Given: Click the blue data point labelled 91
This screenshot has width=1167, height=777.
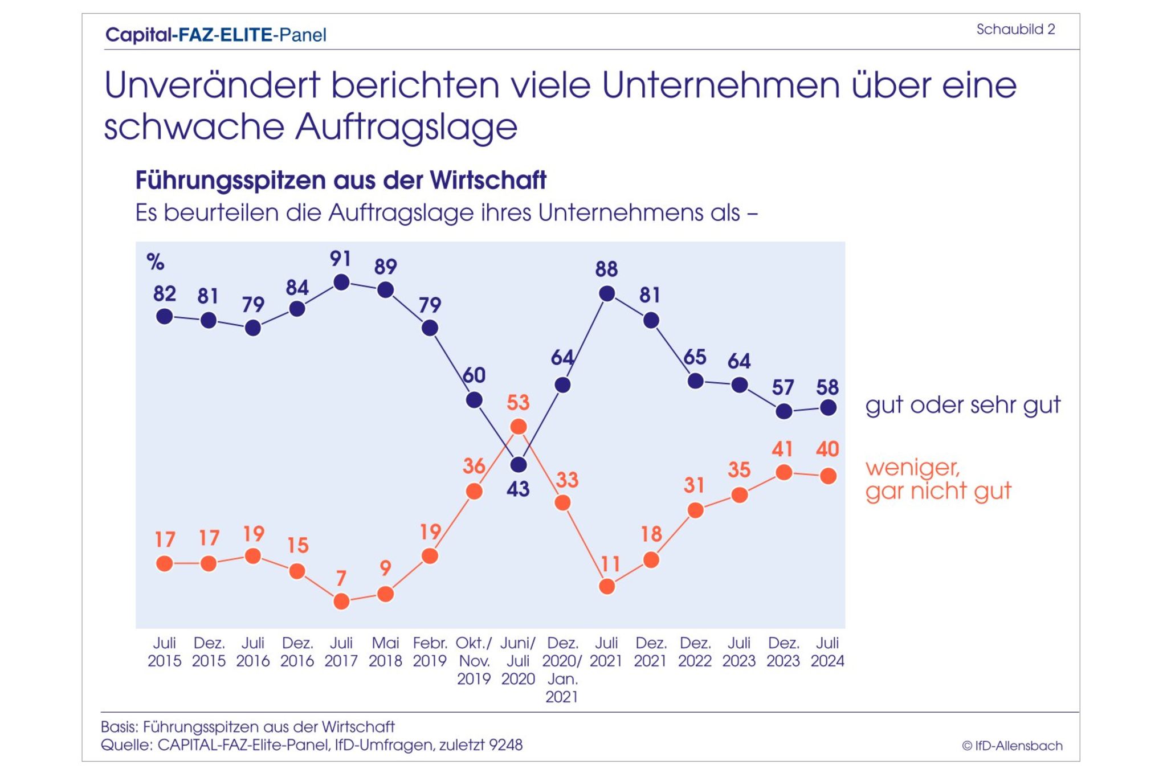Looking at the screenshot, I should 341,282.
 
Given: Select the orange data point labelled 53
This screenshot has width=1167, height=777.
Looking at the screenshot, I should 518,427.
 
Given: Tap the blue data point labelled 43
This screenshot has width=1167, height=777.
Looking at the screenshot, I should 518,465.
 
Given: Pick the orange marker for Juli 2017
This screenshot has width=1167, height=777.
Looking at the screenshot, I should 341,601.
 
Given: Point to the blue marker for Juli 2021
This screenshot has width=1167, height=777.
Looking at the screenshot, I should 607,293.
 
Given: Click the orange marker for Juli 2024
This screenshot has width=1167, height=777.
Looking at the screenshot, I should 828,476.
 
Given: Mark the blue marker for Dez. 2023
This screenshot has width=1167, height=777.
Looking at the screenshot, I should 784,411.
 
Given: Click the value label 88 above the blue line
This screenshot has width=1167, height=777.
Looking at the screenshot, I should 606,269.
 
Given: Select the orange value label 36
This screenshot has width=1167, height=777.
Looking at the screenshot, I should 474,466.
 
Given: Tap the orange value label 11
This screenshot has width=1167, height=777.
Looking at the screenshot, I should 610,564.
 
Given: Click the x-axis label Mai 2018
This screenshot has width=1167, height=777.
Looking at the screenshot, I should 385,652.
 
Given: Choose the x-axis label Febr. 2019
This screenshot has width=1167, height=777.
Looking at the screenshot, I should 430,652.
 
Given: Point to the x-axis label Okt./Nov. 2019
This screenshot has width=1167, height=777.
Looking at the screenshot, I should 474,661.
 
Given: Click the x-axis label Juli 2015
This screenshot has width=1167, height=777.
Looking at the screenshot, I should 164,652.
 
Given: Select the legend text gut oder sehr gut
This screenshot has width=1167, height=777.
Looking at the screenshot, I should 962,405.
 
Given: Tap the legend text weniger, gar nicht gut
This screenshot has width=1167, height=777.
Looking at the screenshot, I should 938,479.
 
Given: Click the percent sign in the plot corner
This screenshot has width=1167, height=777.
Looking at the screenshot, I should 155,262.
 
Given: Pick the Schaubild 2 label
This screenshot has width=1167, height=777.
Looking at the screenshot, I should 1015,30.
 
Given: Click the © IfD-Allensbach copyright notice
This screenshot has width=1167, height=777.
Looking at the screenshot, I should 1012,746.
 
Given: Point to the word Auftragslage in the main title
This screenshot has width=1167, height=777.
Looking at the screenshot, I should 406,126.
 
